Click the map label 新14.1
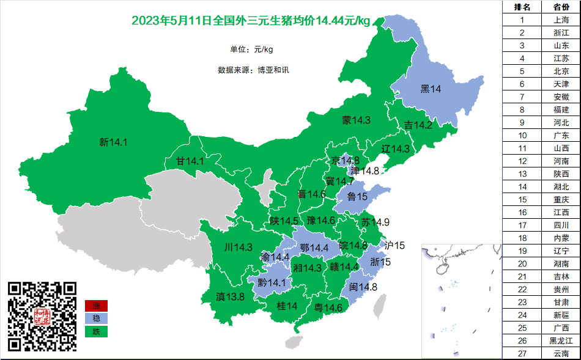click(x=113, y=142)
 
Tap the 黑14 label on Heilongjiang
click(x=431, y=89)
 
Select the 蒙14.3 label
click(x=356, y=120)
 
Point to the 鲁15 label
click(x=357, y=196)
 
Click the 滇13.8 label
click(x=230, y=297)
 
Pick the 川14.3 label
click(x=238, y=248)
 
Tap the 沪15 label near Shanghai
click(x=394, y=246)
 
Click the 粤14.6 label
click(x=328, y=307)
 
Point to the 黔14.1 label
click(x=272, y=283)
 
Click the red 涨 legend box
click(x=96, y=306)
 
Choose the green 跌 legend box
click(x=96, y=331)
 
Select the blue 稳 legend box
click(x=96, y=318)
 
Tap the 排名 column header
click(x=522, y=7)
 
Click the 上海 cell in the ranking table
click(x=561, y=20)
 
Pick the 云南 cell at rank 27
click(x=561, y=353)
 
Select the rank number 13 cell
click(x=522, y=174)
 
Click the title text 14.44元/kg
click(x=342, y=21)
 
